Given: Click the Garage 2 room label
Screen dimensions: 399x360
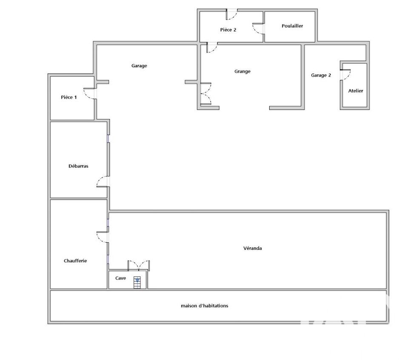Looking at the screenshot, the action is pyautogui.click(x=321, y=75).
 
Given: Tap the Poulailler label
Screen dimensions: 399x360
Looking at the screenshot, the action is pyautogui.click(x=292, y=26).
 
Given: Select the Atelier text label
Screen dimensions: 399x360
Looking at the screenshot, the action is pyautogui.click(x=356, y=91).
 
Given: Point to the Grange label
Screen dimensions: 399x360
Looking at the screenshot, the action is pyautogui.click(x=242, y=71).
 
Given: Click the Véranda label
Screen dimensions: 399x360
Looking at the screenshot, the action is pyautogui.click(x=252, y=248).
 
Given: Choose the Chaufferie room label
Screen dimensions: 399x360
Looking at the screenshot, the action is pyautogui.click(x=75, y=261).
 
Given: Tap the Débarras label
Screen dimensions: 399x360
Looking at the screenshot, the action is pyautogui.click(x=78, y=166).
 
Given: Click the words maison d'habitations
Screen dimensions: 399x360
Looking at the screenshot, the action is pyautogui.click(x=204, y=306).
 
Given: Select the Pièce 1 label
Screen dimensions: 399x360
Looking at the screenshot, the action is pyautogui.click(x=69, y=97).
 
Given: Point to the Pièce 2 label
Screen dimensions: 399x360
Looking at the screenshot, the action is pyautogui.click(x=228, y=30).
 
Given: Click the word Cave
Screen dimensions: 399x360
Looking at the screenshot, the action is pyautogui.click(x=120, y=278).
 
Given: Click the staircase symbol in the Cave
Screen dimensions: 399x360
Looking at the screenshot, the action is pyautogui.click(x=137, y=282).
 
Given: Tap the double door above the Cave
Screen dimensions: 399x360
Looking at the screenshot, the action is pyautogui.click(x=138, y=265).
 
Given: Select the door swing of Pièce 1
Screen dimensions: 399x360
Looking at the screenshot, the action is pyautogui.click(x=90, y=94).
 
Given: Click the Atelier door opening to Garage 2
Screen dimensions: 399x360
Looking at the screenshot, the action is pyautogui.click(x=345, y=75).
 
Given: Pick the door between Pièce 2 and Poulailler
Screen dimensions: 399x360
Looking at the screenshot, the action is pyautogui.click(x=258, y=29).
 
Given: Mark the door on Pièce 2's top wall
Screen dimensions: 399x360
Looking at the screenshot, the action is pyautogui.click(x=231, y=14).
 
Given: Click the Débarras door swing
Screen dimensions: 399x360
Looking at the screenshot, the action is pyautogui.click(x=103, y=181).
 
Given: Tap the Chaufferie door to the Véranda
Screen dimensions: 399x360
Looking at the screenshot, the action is pyautogui.click(x=103, y=237).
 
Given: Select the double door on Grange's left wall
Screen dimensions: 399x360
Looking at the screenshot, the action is pyautogui.click(x=205, y=94).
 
